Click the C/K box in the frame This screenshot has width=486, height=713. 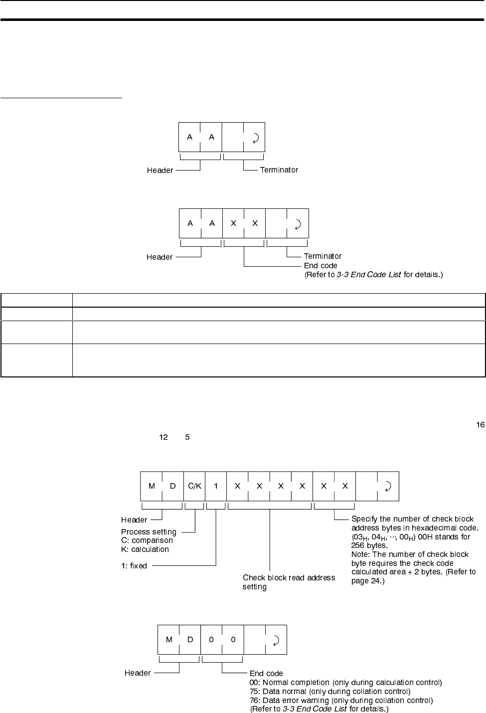click(x=194, y=486)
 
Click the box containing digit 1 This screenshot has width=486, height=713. click(x=216, y=486)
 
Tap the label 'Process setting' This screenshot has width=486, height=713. click(x=149, y=532)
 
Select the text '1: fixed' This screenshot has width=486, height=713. click(x=134, y=566)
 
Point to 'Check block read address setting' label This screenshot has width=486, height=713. click(x=289, y=582)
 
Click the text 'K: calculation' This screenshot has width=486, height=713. click(x=145, y=549)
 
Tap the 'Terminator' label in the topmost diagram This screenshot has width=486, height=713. click(x=279, y=170)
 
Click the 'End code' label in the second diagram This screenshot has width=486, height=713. click(x=321, y=266)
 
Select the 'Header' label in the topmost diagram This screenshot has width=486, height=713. click(x=160, y=171)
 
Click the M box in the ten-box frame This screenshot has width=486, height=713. click(x=152, y=486)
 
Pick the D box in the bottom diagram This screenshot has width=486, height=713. click(x=190, y=640)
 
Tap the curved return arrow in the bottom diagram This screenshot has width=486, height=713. click(x=276, y=640)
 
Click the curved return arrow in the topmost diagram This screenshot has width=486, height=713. click(x=254, y=138)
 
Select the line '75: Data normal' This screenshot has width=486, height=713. click(x=330, y=692)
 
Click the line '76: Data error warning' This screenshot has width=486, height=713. click(x=341, y=701)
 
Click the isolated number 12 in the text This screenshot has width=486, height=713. click(x=163, y=437)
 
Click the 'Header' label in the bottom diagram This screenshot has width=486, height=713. click(x=138, y=673)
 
